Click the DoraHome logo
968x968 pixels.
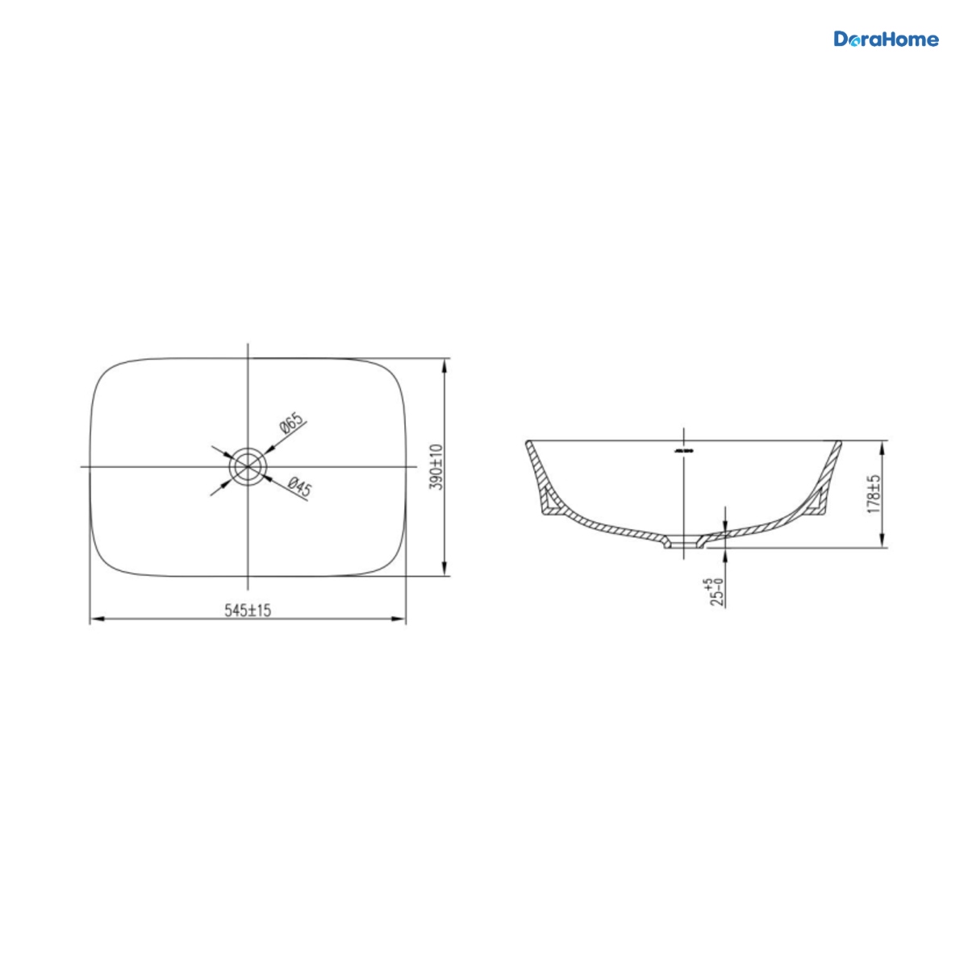(x=886, y=40)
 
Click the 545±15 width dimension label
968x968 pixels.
(x=248, y=611)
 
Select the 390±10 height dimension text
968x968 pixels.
(x=437, y=467)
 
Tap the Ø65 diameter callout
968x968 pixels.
(x=291, y=423)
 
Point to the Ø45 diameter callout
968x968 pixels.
(x=300, y=486)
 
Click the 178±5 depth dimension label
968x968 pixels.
(x=874, y=494)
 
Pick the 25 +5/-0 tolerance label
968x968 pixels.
(x=717, y=592)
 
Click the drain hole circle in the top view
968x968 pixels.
(x=247, y=467)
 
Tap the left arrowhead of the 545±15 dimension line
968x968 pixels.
(x=97, y=619)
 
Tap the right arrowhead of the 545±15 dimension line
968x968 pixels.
(x=398, y=619)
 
